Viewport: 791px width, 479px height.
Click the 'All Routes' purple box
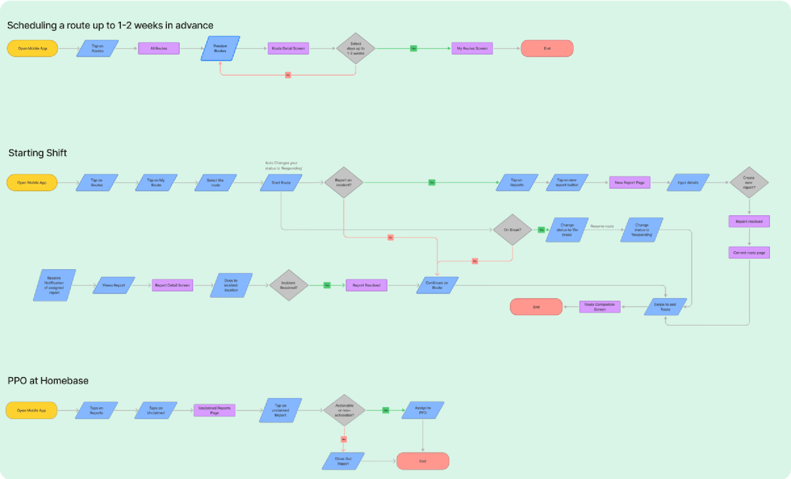tap(158, 48)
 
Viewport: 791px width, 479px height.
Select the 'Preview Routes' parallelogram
tap(220, 48)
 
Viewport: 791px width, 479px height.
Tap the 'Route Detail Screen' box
tap(288, 48)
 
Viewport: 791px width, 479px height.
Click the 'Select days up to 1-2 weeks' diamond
tap(355, 48)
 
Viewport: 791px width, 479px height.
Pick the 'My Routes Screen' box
tap(472, 48)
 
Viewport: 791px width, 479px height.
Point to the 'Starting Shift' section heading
tap(37, 153)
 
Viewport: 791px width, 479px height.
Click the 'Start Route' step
tap(281, 182)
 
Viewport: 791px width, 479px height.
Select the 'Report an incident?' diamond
tap(343, 182)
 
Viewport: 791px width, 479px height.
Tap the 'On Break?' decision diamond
tap(512, 230)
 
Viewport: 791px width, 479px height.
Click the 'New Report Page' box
tap(629, 182)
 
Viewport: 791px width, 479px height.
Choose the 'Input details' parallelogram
tap(688, 182)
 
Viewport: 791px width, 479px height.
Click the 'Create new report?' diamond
tap(749, 183)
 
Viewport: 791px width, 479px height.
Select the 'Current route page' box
tap(749, 253)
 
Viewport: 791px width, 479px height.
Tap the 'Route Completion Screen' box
tap(599, 307)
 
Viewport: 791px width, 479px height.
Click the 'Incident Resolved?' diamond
tap(288, 285)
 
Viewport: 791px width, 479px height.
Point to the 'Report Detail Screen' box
tap(171, 285)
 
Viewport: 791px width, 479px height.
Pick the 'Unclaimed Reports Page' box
tap(214, 411)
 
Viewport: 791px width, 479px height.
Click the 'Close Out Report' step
tap(344, 461)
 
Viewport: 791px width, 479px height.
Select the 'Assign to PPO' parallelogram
tap(422, 410)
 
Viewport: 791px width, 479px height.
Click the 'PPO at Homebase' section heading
tap(48, 381)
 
